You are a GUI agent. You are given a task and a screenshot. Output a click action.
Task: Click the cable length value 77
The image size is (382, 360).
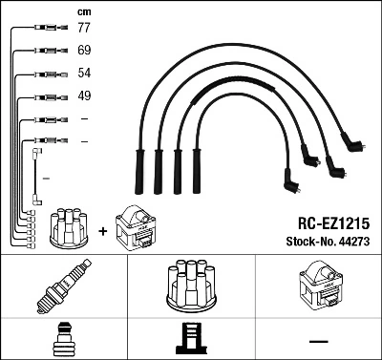click(84, 28)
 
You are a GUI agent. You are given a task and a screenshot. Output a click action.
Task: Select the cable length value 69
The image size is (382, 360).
click(84, 49)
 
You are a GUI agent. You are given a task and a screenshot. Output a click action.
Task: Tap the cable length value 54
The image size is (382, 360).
click(84, 73)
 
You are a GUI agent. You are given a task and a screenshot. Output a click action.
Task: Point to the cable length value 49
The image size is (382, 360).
click(84, 95)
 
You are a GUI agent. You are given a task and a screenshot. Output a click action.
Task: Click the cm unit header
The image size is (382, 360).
click(83, 11)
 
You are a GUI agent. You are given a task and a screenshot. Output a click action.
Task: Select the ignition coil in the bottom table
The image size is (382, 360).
click(318, 284)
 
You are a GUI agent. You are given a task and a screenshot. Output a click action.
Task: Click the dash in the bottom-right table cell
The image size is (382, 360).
click(318, 338)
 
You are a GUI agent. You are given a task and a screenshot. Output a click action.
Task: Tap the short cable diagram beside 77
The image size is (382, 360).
click(46, 28)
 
